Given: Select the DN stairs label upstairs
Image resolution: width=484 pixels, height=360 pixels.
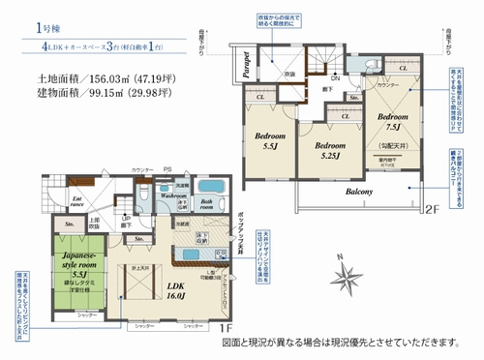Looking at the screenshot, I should (x=334, y=77).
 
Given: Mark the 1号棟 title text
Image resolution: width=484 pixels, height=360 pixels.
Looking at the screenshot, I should (x=52, y=29).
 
